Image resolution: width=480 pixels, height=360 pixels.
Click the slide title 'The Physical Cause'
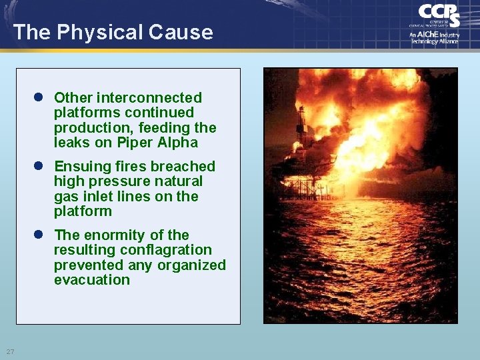pyautogui.click(x=113, y=32)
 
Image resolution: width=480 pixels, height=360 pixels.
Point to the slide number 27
pyautogui.click(x=10, y=351)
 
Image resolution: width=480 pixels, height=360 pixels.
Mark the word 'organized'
pyautogui.click(x=193, y=265)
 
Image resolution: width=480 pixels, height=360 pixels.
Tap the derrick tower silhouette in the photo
pyautogui.click(x=302, y=120)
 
